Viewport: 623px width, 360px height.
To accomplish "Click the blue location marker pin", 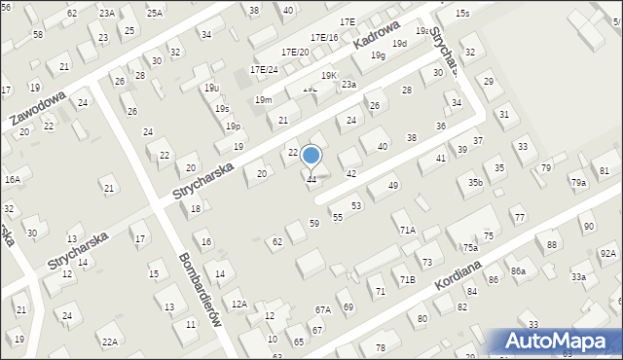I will click(311, 156).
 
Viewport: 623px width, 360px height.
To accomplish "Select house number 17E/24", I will click(264, 70).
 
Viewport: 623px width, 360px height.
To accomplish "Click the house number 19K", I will click(330, 76).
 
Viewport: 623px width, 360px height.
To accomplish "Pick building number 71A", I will click(407, 230).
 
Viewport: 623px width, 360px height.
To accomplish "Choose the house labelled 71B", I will click(407, 280).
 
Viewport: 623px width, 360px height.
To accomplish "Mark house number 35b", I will click(475, 182).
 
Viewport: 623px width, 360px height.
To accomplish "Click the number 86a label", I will click(518, 270).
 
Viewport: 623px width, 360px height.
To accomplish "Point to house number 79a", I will click(579, 183).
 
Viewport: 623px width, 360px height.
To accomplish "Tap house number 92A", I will click(607, 253).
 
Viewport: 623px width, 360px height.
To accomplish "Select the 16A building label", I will click(12, 180).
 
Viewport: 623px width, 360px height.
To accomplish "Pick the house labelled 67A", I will click(323, 309).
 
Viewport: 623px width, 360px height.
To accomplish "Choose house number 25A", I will click(155, 13).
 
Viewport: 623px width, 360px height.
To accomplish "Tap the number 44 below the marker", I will click(311, 180).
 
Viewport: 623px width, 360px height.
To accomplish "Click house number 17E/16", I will click(324, 37).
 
